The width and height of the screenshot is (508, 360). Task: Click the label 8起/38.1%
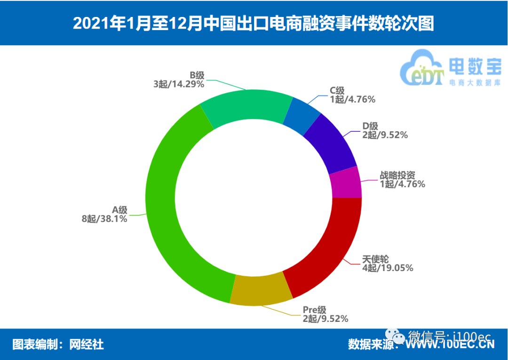[104, 218]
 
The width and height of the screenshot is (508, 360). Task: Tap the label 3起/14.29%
[178, 84]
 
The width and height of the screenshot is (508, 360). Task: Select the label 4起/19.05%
[388, 268]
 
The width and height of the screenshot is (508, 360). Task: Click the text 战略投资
[397, 175]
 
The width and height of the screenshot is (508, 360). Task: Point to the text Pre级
[314, 310]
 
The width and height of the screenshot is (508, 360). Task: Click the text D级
[370, 126]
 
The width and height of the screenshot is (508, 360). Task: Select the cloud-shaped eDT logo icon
[421, 70]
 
